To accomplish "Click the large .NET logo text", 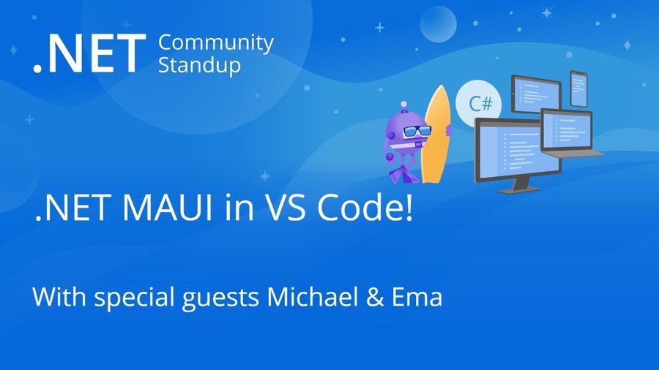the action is [89, 53].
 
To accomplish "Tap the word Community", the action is [216, 43].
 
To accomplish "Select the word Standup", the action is [200, 65].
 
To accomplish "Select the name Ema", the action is [417, 297].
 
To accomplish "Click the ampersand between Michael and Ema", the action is [375, 297].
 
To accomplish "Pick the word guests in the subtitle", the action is [220, 298].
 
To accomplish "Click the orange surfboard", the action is [436, 135].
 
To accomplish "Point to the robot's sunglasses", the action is [417, 131].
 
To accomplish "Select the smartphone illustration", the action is [578, 89].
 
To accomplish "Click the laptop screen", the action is [567, 130].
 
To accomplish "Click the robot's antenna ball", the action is [404, 104].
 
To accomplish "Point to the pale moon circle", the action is [438, 24].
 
